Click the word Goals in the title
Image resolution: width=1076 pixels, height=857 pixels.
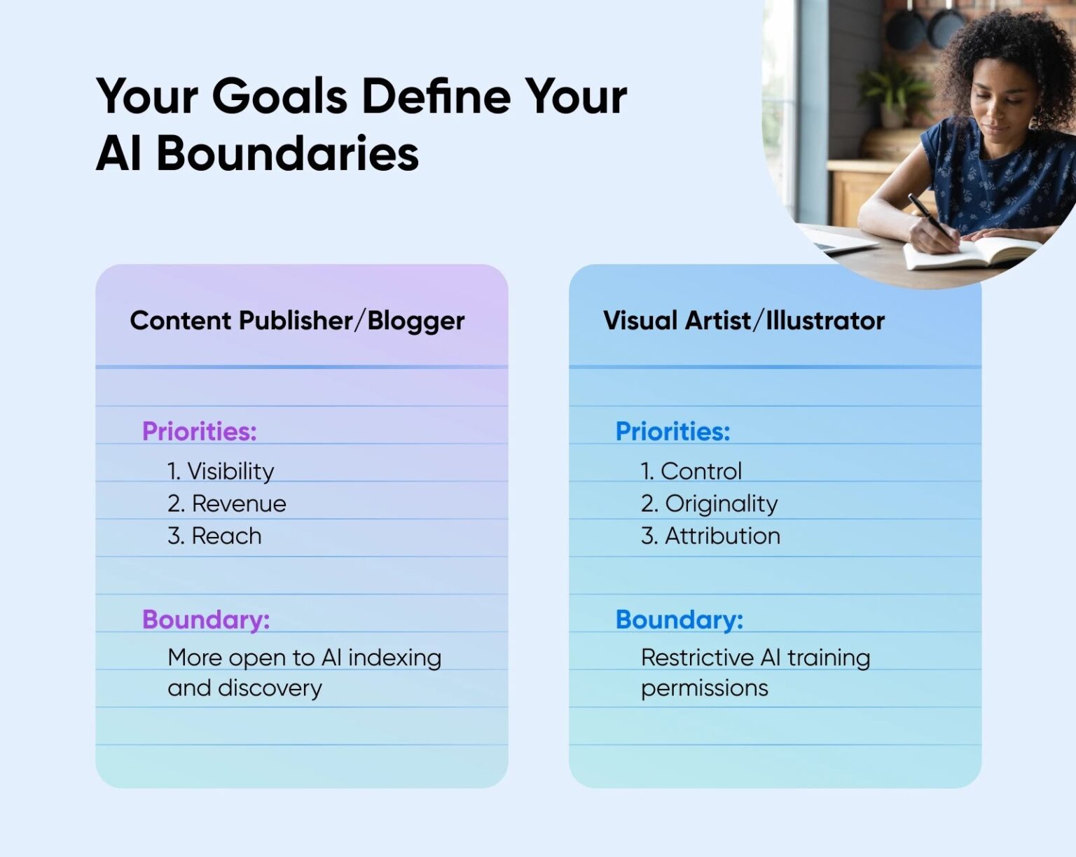280,96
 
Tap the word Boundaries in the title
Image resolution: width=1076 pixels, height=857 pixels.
287,153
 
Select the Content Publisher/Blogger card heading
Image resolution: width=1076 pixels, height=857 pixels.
297,321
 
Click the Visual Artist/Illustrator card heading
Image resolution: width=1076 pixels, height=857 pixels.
743,321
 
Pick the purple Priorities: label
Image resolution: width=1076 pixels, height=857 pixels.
200,431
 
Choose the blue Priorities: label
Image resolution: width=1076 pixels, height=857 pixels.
672,431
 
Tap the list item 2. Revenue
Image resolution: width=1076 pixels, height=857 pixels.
227,503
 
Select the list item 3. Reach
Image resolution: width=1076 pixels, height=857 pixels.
214,536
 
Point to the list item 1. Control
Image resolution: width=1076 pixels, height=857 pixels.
691,471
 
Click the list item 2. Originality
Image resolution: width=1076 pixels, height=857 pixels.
709,504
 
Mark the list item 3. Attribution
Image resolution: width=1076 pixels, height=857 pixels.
710,536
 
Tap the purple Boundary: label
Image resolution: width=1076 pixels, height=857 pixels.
206,620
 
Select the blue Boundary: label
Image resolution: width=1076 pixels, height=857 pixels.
680,620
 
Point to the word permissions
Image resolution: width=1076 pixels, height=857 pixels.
705,689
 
